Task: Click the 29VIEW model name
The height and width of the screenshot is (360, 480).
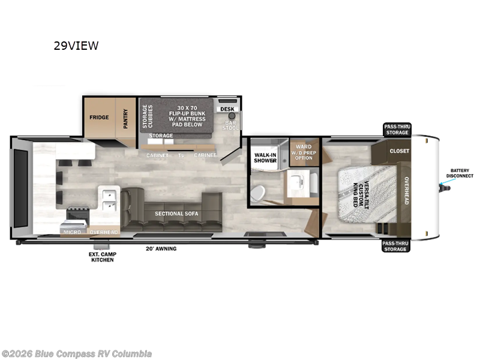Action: click(x=76, y=46)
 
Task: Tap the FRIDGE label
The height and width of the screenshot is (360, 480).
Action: click(x=99, y=117)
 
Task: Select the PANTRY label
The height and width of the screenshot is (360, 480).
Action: click(x=125, y=116)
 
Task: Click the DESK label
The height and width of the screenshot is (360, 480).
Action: click(x=227, y=109)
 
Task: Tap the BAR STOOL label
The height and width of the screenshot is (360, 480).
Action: click(x=231, y=125)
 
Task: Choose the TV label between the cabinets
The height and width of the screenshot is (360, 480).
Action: click(x=181, y=155)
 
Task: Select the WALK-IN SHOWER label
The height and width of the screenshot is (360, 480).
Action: click(x=265, y=158)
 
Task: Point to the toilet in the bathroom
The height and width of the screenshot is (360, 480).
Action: click(x=257, y=193)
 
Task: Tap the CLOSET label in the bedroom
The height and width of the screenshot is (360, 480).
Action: click(x=399, y=151)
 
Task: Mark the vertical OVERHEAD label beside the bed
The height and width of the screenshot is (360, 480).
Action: click(x=406, y=191)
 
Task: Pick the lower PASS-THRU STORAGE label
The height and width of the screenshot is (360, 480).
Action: click(x=395, y=245)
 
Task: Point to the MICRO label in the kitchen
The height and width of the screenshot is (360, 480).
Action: click(x=73, y=232)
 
